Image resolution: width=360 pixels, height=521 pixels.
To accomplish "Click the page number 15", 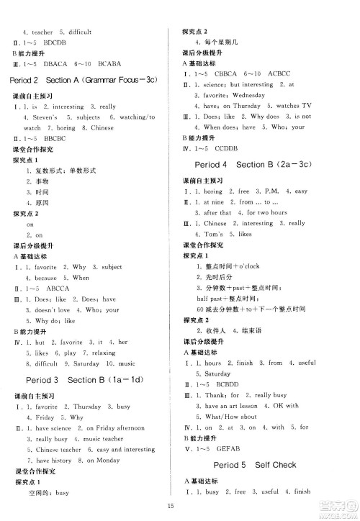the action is pos(180,506).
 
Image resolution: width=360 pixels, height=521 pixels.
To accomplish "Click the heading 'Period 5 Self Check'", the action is pos(255,465).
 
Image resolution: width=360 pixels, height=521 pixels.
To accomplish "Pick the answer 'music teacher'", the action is pos(103,438).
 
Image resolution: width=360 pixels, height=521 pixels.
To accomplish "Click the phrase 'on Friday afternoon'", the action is pos(111,427).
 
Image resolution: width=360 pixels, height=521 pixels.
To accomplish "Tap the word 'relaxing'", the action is pos(100,353).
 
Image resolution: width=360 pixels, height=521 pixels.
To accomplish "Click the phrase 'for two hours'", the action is pos(267,213).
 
